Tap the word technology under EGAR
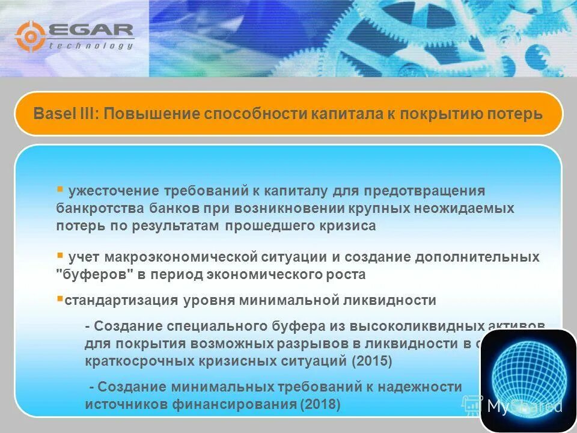[90, 46]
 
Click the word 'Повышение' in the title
[151, 114]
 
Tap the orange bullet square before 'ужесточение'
[60, 189]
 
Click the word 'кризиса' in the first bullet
[352, 226]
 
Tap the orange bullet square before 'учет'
[60, 255]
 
